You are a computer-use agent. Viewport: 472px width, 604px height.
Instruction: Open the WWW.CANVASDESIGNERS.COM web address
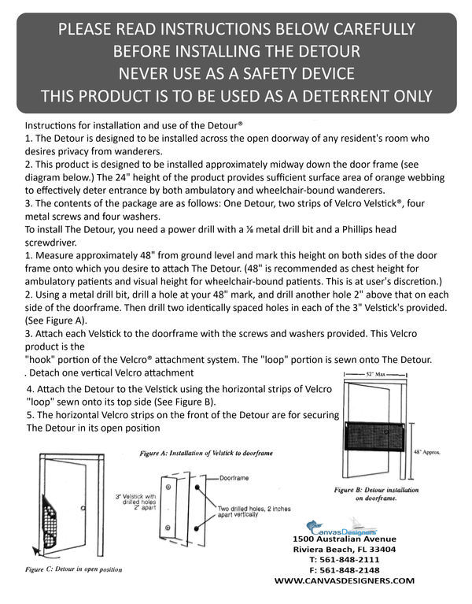344,580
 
